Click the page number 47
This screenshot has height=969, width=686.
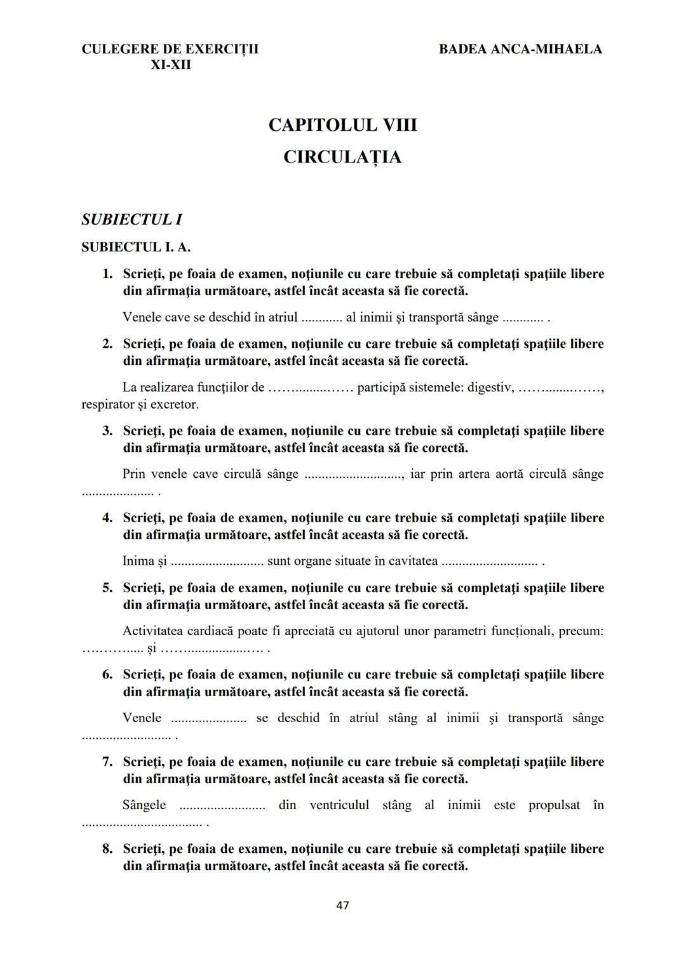(x=342, y=906)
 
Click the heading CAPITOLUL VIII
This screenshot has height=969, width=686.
(x=342, y=125)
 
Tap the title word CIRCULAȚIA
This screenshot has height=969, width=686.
(x=342, y=157)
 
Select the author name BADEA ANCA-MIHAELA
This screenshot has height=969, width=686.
(x=520, y=49)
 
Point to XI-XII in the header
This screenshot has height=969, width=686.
(x=170, y=65)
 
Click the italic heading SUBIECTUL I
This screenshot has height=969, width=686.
(x=131, y=220)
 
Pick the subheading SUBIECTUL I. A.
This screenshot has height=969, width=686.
(x=136, y=247)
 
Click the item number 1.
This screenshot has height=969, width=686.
(x=107, y=274)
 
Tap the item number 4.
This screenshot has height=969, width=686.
(x=107, y=518)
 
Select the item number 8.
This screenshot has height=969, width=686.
(x=107, y=849)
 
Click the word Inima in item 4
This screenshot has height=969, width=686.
(x=138, y=561)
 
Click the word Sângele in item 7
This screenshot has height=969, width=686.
(x=144, y=805)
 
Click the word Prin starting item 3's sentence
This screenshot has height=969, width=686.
(x=133, y=474)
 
